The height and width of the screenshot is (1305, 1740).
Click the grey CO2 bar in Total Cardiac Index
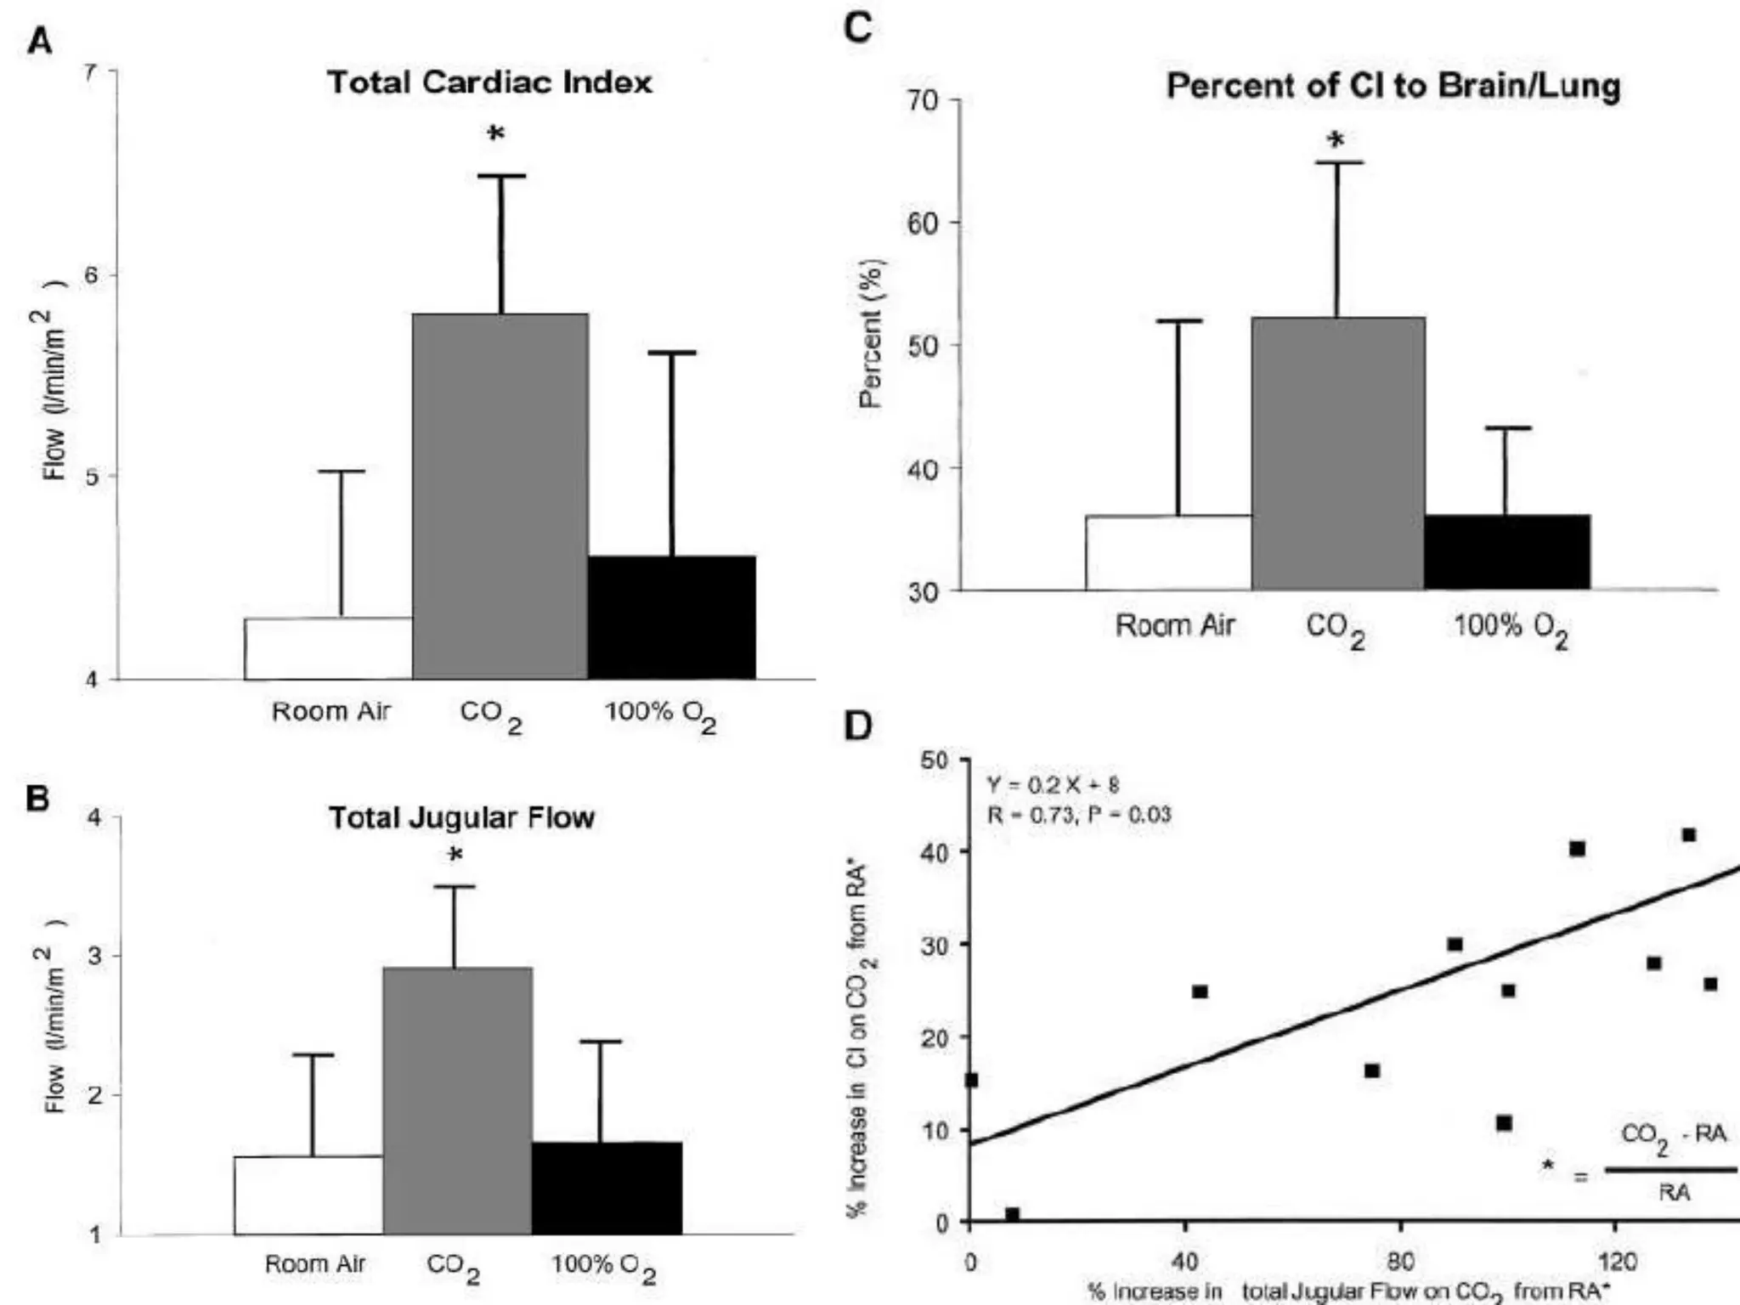tap(500, 496)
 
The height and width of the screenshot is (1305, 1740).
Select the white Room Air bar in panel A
tap(328, 648)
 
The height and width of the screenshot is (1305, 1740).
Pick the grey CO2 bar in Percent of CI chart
tap(1338, 454)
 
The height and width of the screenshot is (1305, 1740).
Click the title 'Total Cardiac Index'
tap(490, 82)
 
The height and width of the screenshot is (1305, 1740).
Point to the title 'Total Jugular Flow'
tap(461, 817)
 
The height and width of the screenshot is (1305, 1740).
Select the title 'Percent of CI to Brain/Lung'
tap(1393, 86)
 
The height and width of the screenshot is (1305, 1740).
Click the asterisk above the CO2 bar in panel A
tap(496, 134)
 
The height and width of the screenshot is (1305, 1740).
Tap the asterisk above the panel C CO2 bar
tap(1336, 140)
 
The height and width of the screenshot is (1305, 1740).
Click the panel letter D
tap(858, 726)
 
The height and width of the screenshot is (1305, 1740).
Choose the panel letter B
tap(37, 799)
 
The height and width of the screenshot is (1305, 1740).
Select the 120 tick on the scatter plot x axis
tap(1616, 1261)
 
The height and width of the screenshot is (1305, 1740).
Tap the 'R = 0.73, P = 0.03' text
tap(1079, 816)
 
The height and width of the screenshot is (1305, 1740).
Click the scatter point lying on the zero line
tap(1012, 1214)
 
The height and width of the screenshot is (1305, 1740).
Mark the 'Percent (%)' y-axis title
tap(871, 333)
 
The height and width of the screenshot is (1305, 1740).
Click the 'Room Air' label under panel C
tap(1174, 625)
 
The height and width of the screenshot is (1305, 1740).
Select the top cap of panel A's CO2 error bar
tap(501, 176)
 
